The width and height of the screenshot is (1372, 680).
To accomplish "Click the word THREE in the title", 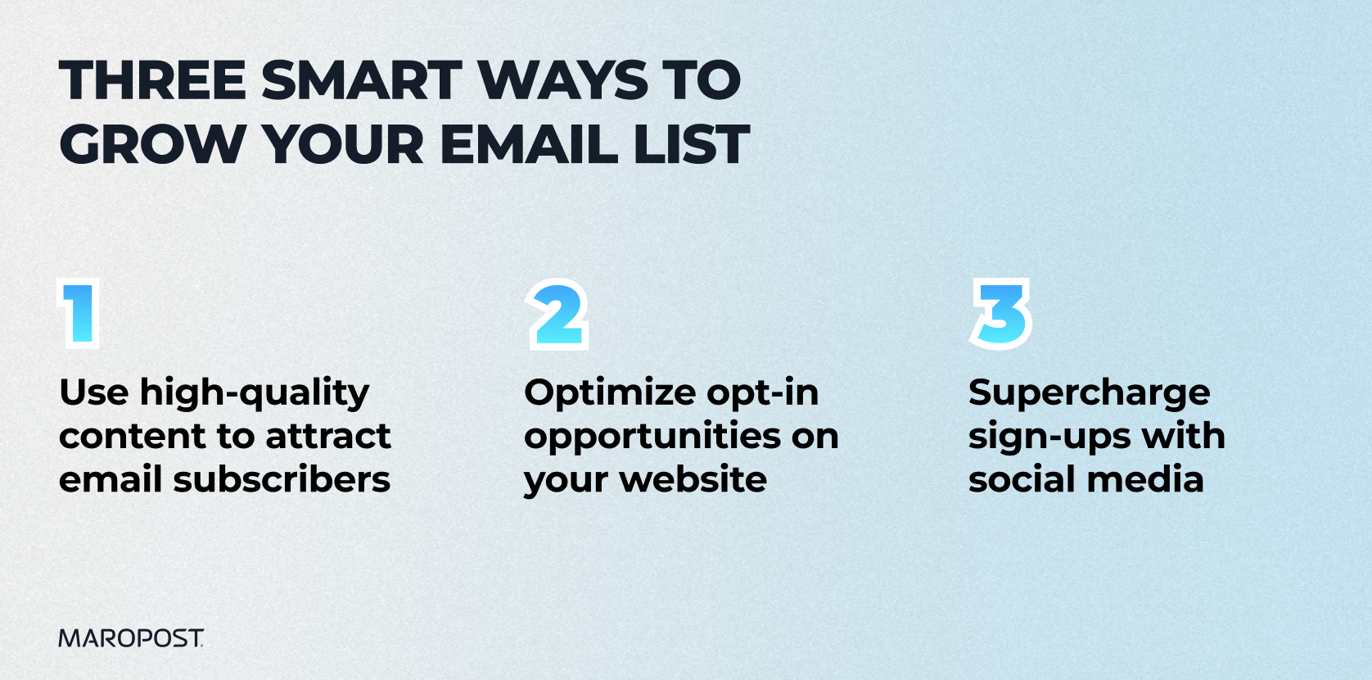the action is (x=152, y=80).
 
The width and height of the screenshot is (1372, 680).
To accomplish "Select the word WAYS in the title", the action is (x=562, y=80).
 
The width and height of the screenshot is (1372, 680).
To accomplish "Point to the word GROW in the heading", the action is (x=153, y=144).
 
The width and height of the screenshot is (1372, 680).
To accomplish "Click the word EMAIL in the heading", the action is (x=529, y=144).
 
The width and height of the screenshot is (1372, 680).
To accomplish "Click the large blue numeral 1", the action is (x=79, y=313).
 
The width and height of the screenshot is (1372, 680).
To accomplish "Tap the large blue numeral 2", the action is (x=557, y=314).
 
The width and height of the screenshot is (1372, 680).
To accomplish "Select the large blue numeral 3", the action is (x=1001, y=314).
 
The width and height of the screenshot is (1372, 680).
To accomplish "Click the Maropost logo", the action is (x=131, y=638).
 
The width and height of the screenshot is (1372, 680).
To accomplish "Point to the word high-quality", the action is (x=255, y=394).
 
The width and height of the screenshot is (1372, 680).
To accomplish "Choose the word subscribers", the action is (x=282, y=479).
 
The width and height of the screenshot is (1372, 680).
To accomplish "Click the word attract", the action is (x=328, y=437).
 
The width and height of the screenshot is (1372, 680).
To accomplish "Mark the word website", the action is (x=693, y=479).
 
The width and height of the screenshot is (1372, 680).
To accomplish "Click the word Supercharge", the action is (x=1090, y=394).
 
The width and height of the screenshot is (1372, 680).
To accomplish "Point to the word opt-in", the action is (x=763, y=394).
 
